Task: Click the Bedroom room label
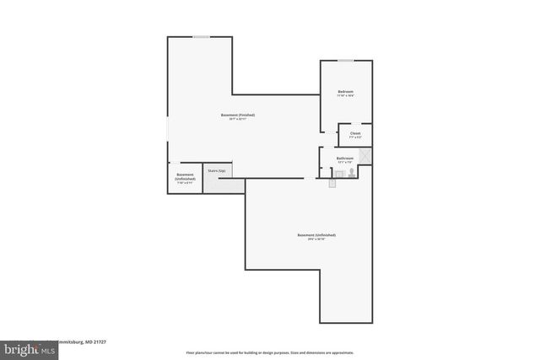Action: [x=345, y=92]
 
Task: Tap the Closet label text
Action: [x=355, y=132]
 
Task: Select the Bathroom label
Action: [x=344, y=158]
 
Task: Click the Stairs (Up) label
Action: [x=217, y=170]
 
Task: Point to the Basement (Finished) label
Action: [x=238, y=115]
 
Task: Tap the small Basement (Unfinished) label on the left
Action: [x=186, y=177]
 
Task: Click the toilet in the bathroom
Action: [x=352, y=172]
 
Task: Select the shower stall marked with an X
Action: [x=364, y=156]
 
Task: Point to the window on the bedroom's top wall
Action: [x=345, y=61]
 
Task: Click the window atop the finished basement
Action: [x=201, y=37]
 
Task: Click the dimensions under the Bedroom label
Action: [x=345, y=97]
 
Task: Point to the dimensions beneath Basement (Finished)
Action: [x=238, y=120]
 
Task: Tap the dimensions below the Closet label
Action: [x=355, y=137]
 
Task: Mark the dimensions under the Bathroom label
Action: [x=344, y=162]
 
